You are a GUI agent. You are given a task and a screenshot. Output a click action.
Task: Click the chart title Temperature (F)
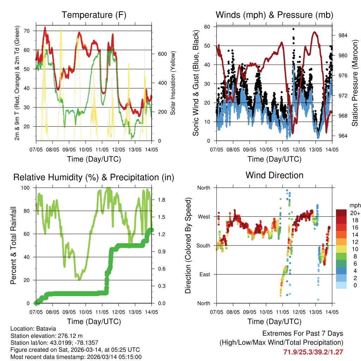[94, 15]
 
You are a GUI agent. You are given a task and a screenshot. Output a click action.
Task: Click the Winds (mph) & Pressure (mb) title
[274, 15]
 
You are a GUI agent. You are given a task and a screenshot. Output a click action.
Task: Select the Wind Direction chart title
[274, 175]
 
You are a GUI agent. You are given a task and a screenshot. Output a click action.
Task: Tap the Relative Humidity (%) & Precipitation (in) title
[94, 177]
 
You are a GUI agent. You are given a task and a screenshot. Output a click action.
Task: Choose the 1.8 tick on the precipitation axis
[162, 200]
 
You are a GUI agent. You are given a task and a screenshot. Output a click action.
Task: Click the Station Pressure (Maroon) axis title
[355, 82]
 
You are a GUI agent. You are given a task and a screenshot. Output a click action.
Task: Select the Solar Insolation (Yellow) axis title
[173, 82]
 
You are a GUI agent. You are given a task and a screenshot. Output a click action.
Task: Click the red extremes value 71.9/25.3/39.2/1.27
[313, 352]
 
